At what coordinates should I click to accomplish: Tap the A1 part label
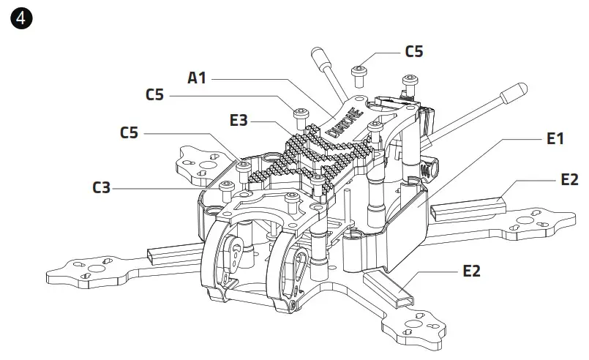(x=197, y=78)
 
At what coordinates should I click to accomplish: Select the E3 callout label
(x=239, y=120)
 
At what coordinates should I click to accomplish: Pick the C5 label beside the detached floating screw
(x=413, y=52)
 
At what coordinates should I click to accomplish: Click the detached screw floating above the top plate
(x=359, y=72)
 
